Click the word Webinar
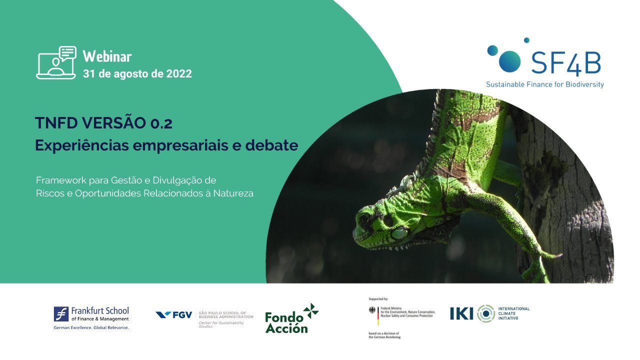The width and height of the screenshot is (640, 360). point(107,56)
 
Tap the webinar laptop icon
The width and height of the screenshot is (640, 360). point(56,63)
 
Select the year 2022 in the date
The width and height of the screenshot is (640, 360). point(177,74)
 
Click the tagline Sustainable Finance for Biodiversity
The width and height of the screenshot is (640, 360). point(544,84)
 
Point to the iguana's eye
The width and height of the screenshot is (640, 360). point(387,219)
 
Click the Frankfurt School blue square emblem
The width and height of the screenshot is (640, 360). point(61,314)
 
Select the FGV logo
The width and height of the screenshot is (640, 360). point(174,315)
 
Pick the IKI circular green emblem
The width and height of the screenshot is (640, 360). point(485,313)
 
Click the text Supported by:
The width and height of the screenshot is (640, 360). point(378,298)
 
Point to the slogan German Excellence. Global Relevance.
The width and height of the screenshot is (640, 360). point(91,327)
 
